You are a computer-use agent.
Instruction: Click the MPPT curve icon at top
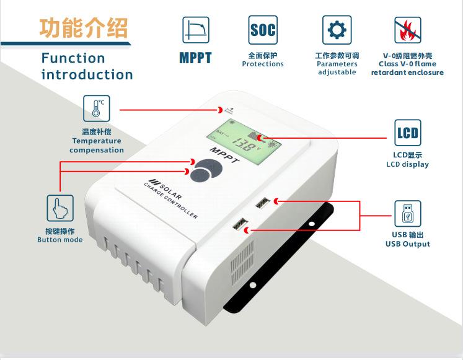(x=195, y=29)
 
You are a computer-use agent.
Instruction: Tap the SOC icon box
(x=263, y=29)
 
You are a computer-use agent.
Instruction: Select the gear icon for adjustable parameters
(x=337, y=29)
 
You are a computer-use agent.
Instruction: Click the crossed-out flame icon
(x=407, y=29)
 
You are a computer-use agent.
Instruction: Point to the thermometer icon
(x=97, y=108)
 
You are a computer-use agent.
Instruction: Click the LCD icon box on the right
(x=407, y=133)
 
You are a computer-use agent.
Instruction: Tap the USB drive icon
(x=407, y=213)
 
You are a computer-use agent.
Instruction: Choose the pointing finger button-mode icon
(x=60, y=208)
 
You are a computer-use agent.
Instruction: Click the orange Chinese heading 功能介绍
(x=84, y=28)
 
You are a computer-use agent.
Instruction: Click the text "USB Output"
(x=407, y=244)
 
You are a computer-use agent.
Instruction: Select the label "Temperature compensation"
(x=97, y=146)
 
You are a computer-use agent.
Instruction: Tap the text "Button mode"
(x=60, y=240)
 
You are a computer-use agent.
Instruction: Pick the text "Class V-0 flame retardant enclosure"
(x=407, y=68)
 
